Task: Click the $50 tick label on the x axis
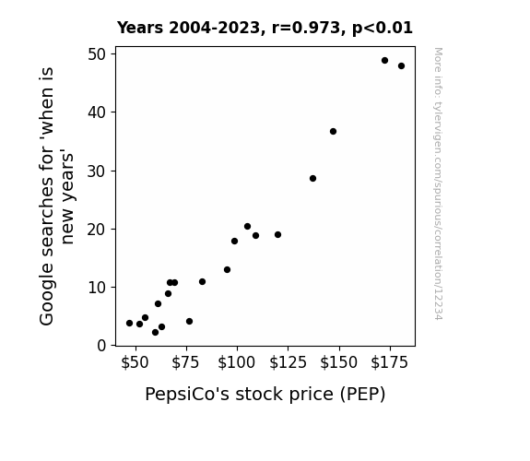coord(135,362)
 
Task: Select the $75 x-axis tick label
coord(185,362)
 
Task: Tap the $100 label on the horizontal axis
coord(236,362)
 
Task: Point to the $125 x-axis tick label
coord(288,362)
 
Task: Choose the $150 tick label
coord(338,362)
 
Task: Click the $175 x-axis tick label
coord(389,362)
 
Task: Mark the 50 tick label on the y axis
coord(97,54)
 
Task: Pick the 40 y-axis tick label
coord(97,112)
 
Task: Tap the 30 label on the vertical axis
coord(97,171)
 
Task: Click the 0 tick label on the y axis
coord(101,346)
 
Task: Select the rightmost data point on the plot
coord(401,66)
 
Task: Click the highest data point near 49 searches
coord(384,61)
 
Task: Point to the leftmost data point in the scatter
coord(129,324)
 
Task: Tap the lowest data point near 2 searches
coord(155,333)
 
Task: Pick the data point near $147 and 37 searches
coord(333,132)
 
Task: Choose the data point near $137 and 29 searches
coord(312,178)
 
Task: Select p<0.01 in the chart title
coord(383,28)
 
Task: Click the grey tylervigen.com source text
coord(438,183)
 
